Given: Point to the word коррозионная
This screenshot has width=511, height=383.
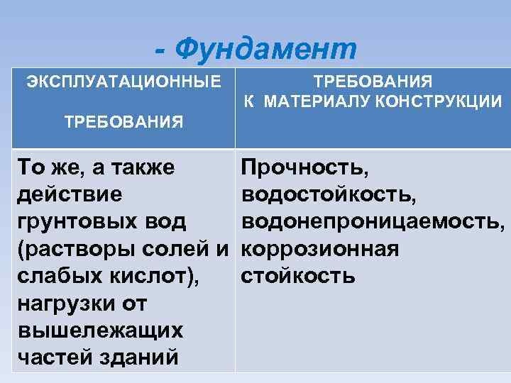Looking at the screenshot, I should (319, 249).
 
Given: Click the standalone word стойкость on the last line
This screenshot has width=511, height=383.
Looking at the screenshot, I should (298, 276).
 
